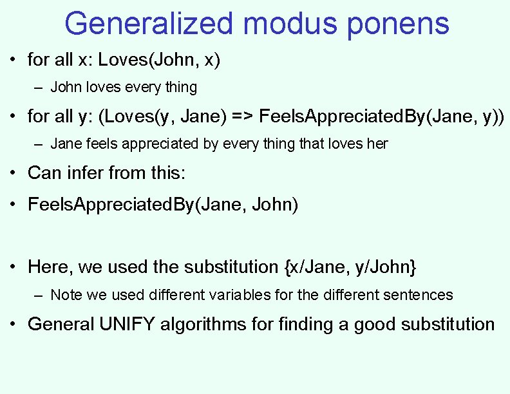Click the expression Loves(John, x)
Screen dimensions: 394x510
tap(159, 61)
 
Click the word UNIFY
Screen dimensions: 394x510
tap(127, 324)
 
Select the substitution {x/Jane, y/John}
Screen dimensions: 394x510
tap(350, 267)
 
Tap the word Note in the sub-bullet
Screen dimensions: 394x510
tap(64, 295)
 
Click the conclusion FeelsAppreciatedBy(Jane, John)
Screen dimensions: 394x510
tap(163, 205)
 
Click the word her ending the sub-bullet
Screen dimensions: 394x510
tap(377, 144)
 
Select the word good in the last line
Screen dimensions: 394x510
tap(373, 324)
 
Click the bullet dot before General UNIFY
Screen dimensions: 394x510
tap(13, 324)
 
